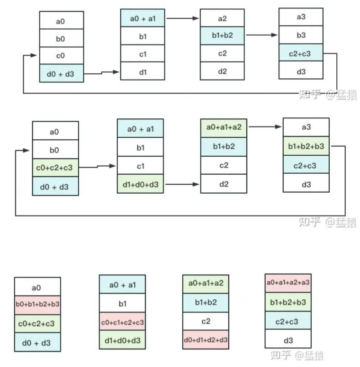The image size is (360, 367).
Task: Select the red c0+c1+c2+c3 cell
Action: click(122, 322)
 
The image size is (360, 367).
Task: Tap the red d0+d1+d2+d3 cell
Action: click(206, 340)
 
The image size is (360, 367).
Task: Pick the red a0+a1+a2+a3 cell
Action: click(288, 282)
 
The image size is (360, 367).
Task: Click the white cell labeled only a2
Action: click(222, 18)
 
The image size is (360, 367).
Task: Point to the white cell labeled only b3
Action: click(301, 35)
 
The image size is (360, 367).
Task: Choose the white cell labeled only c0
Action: click(61, 56)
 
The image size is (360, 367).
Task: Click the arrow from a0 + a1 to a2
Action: click(182, 18)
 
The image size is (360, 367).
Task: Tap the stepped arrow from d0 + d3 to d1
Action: click(101, 73)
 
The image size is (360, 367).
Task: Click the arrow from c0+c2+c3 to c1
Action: click(98, 167)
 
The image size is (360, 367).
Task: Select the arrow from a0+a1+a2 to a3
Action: click(265, 127)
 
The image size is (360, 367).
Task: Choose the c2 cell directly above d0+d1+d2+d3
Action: click(206, 322)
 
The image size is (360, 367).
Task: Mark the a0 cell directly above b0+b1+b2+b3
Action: click(37, 287)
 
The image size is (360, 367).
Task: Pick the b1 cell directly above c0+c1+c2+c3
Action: click(122, 303)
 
